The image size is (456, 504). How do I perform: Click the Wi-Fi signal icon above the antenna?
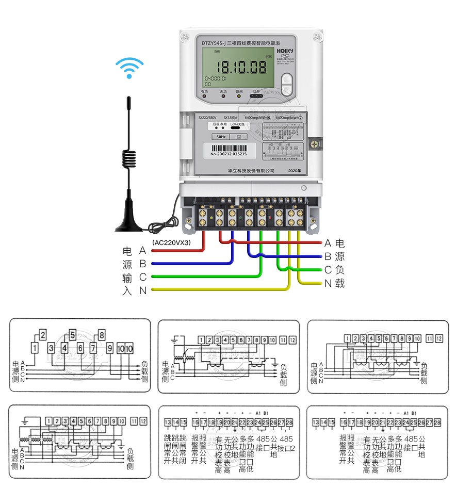(129, 68)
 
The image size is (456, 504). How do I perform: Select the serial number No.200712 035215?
(229, 154)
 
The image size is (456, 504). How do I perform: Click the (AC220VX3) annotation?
(171, 242)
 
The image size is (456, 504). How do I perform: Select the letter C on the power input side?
(143, 277)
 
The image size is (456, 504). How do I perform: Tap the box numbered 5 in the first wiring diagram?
(72, 333)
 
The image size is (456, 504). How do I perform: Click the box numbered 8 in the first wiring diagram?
(101, 333)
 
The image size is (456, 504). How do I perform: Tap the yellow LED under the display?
(239, 96)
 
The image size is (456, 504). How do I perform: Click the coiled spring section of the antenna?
(129, 158)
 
